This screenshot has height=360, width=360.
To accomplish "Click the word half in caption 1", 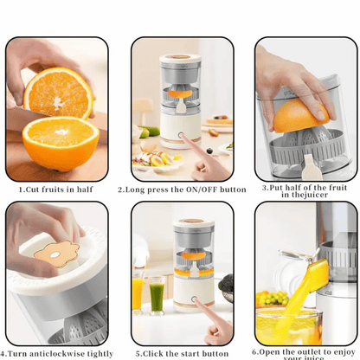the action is (85, 190).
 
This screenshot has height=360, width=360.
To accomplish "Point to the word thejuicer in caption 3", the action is (309, 195).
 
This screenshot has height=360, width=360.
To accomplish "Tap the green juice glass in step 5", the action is (157, 296).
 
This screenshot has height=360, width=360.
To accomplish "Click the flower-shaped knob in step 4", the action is (56, 254).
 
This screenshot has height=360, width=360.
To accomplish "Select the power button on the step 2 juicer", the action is (181, 135).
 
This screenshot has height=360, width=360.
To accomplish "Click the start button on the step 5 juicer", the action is (194, 299).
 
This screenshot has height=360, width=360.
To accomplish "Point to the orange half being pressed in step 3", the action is (300, 115).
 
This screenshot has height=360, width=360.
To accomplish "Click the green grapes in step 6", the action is (274, 298).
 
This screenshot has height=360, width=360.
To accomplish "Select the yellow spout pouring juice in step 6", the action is (318, 274).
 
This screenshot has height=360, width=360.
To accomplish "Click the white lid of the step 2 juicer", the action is (180, 59).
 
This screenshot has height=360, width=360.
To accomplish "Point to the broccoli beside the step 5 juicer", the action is (226, 284).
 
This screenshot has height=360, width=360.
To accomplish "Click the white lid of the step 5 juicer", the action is (194, 223).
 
